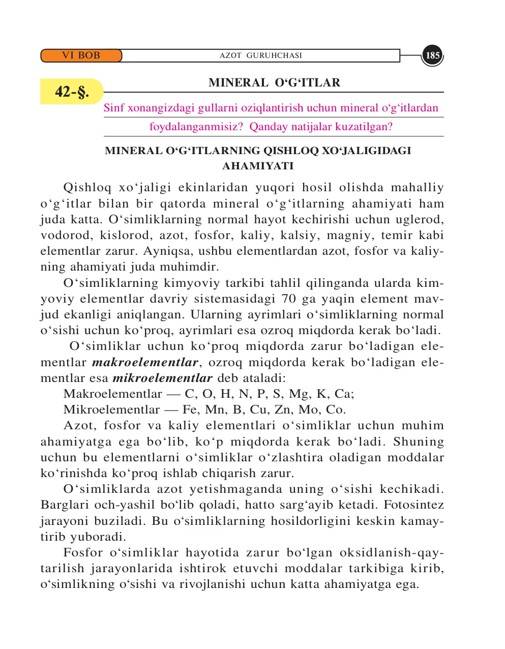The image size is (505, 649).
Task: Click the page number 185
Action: (432, 55)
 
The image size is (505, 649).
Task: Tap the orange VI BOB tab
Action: (81, 55)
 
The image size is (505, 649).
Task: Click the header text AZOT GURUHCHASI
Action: (260, 55)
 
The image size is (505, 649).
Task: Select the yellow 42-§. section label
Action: (72, 92)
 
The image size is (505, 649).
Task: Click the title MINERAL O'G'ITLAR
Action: (274, 83)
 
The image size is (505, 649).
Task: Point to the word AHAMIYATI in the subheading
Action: (258, 166)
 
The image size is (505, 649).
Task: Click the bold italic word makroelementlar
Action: (145, 362)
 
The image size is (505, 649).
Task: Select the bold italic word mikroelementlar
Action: (162, 378)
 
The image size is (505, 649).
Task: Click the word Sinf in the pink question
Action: (114, 108)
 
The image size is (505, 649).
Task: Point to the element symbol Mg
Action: (299, 394)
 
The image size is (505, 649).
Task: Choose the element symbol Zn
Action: (283, 410)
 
